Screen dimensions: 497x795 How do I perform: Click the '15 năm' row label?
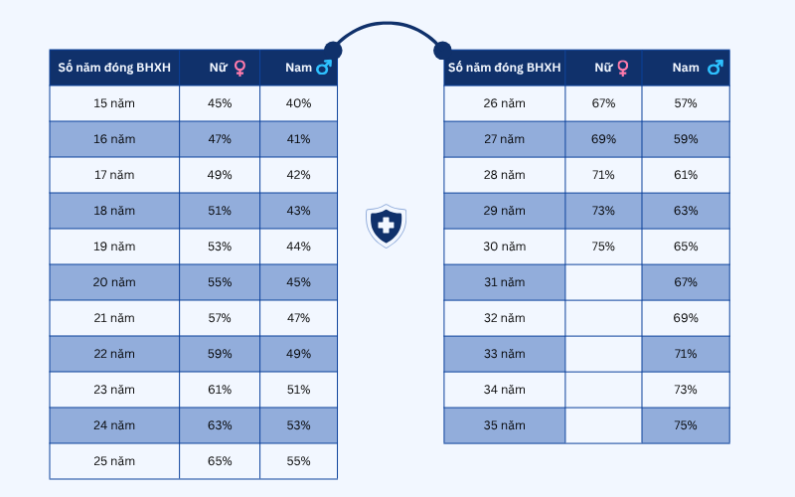(x=114, y=103)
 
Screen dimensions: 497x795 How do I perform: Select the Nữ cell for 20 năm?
(x=220, y=282)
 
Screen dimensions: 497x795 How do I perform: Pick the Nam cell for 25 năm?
(x=298, y=461)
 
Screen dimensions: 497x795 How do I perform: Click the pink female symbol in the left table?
(x=239, y=68)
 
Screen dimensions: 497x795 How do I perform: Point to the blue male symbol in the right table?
(x=715, y=68)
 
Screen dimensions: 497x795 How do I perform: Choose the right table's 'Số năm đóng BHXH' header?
(x=504, y=68)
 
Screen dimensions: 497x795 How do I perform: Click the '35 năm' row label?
(x=504, y=425)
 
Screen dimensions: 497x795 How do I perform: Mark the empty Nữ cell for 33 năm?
(x=603, y=354)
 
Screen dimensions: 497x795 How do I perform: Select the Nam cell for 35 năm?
(x=686, y=425)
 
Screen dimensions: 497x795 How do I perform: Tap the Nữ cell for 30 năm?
(x=603, y=247)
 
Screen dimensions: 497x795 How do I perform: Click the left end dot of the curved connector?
(x=331, y=51)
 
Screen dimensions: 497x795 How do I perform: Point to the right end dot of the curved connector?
(x=442, y=50)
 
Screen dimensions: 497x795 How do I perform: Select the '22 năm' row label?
(x=114, y=354)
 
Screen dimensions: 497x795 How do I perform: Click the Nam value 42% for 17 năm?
(x=298, y=175)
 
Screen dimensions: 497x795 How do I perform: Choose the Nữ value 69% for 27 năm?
(x=603, y=139)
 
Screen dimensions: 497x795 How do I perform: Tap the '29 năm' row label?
(x=504, y=211)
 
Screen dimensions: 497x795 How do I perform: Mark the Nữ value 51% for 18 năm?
(x=220, y=211)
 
